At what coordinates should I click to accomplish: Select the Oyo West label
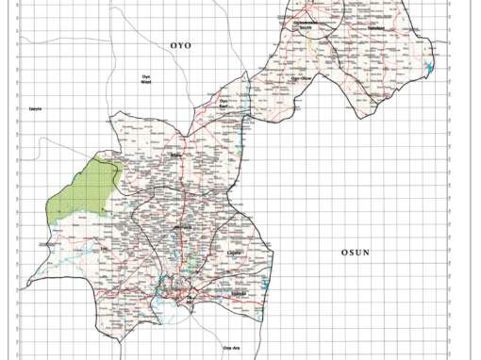click(146, 80)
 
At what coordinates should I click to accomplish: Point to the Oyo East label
click(225, 104)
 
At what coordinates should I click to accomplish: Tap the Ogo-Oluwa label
click(303, 79)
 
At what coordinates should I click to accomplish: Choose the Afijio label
click(175, 156)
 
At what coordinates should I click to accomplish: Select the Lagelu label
click(236, 254)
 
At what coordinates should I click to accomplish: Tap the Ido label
click(42, 243)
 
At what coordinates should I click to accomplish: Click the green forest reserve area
click(80, 193)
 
